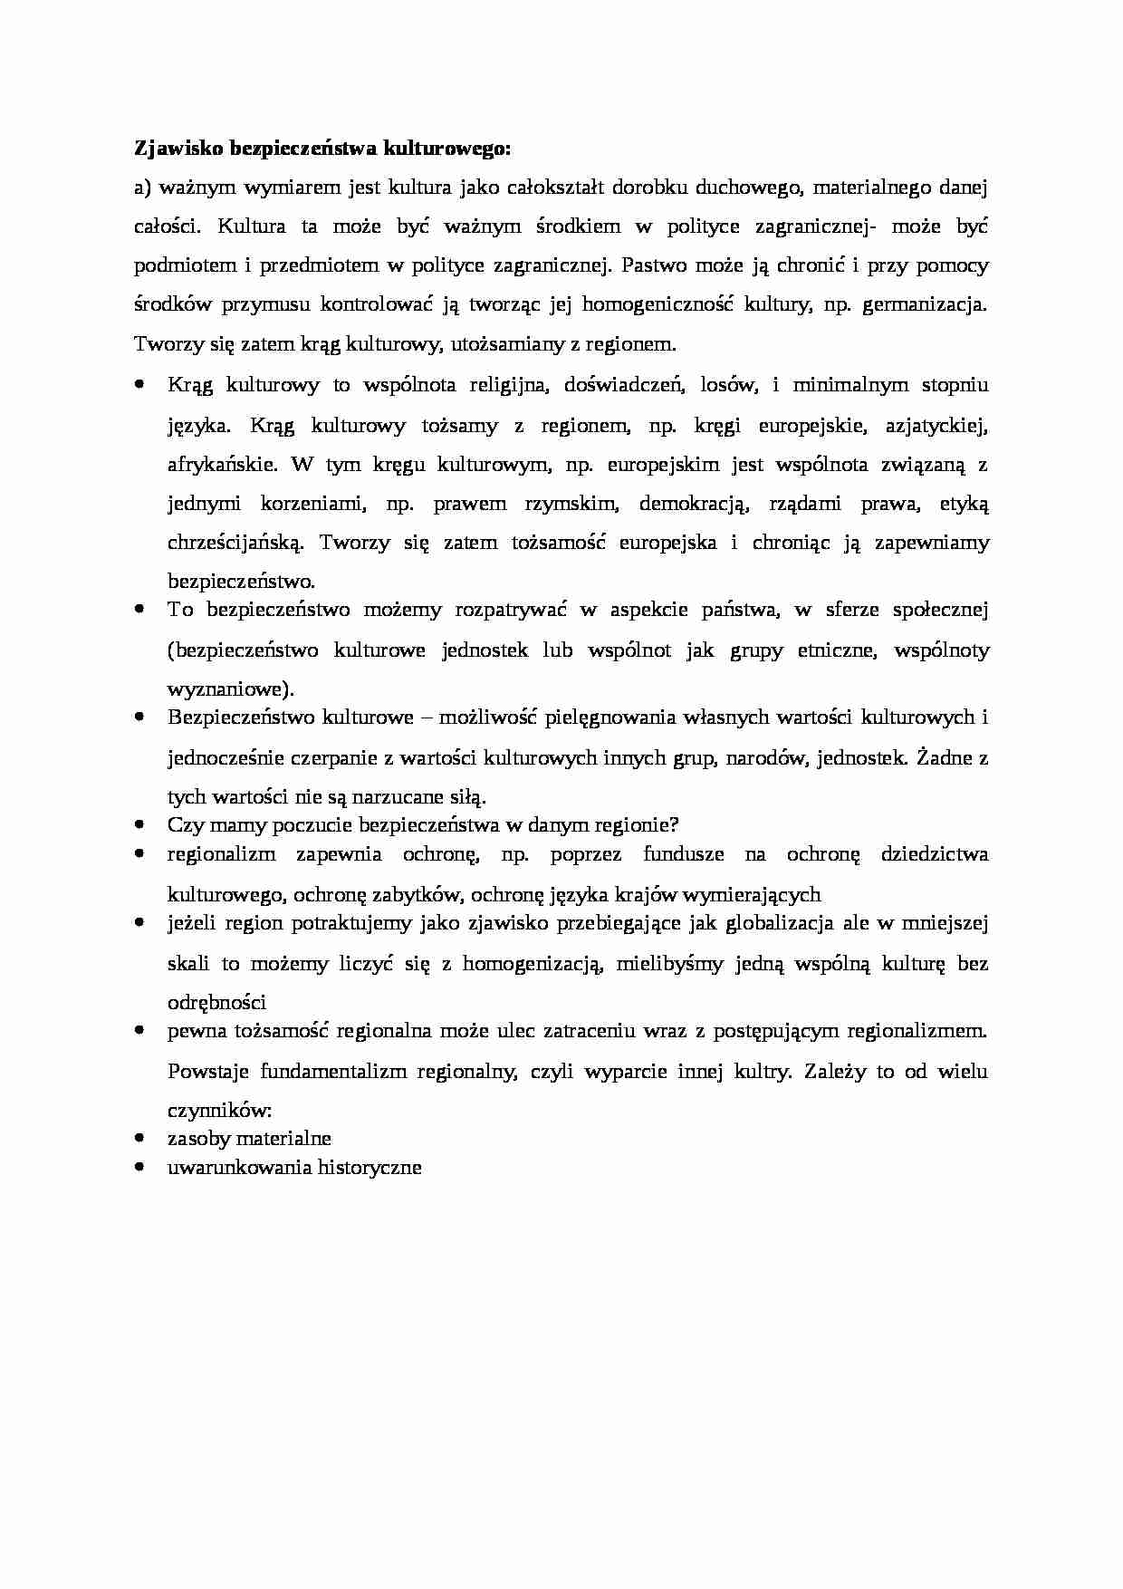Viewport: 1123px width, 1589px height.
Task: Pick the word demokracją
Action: (693, 504)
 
